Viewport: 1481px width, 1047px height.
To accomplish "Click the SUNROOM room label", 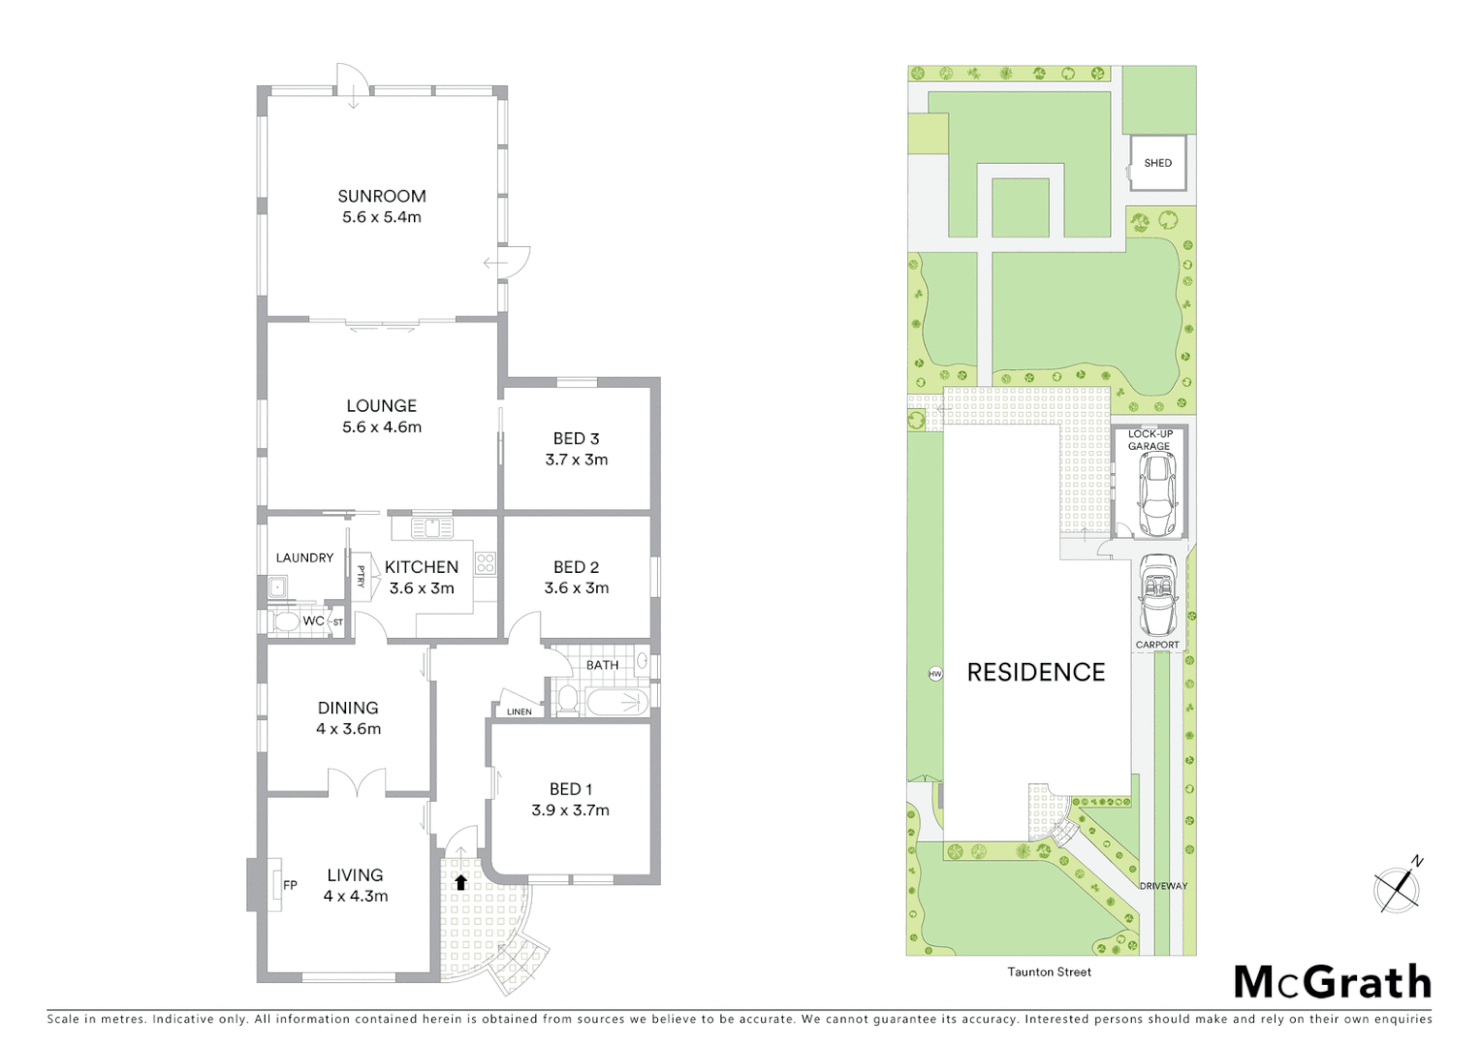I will click(x=381, y=196).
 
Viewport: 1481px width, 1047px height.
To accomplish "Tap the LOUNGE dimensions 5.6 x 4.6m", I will click(x=381, y=428).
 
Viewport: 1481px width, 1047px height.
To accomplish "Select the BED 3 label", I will click(x=576, y=439).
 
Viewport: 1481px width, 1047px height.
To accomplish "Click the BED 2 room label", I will click(x=576, y=567).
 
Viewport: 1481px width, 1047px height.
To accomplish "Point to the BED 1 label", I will click(x=570, y=789).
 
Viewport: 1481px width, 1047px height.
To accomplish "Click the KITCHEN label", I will click(x=421, y=567).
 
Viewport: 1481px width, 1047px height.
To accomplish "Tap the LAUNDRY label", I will click(x=304, y=557).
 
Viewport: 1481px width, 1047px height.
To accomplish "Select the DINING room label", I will click(x=348, y=708).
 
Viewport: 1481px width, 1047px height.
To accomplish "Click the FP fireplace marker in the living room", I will click(x=289, y=885).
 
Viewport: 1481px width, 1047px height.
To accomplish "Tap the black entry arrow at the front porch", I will click(x=461, y=882).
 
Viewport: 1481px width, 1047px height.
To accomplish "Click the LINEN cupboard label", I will click(x=519, y=712).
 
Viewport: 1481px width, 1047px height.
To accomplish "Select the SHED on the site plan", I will click(x=1157, y=163).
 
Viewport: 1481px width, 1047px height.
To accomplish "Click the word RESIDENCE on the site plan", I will click(x=1035, y=672).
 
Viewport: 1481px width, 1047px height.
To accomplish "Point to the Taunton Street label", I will click(x=1049, y=971).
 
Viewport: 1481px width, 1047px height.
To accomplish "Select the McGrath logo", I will click(x=1333, y=982).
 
